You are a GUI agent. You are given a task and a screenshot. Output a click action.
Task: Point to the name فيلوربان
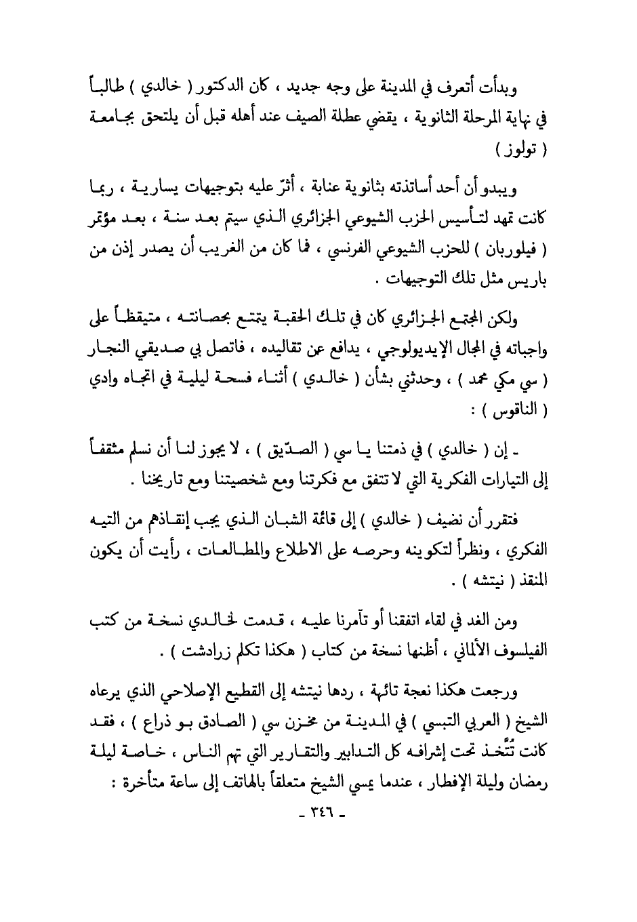(520, 249)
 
